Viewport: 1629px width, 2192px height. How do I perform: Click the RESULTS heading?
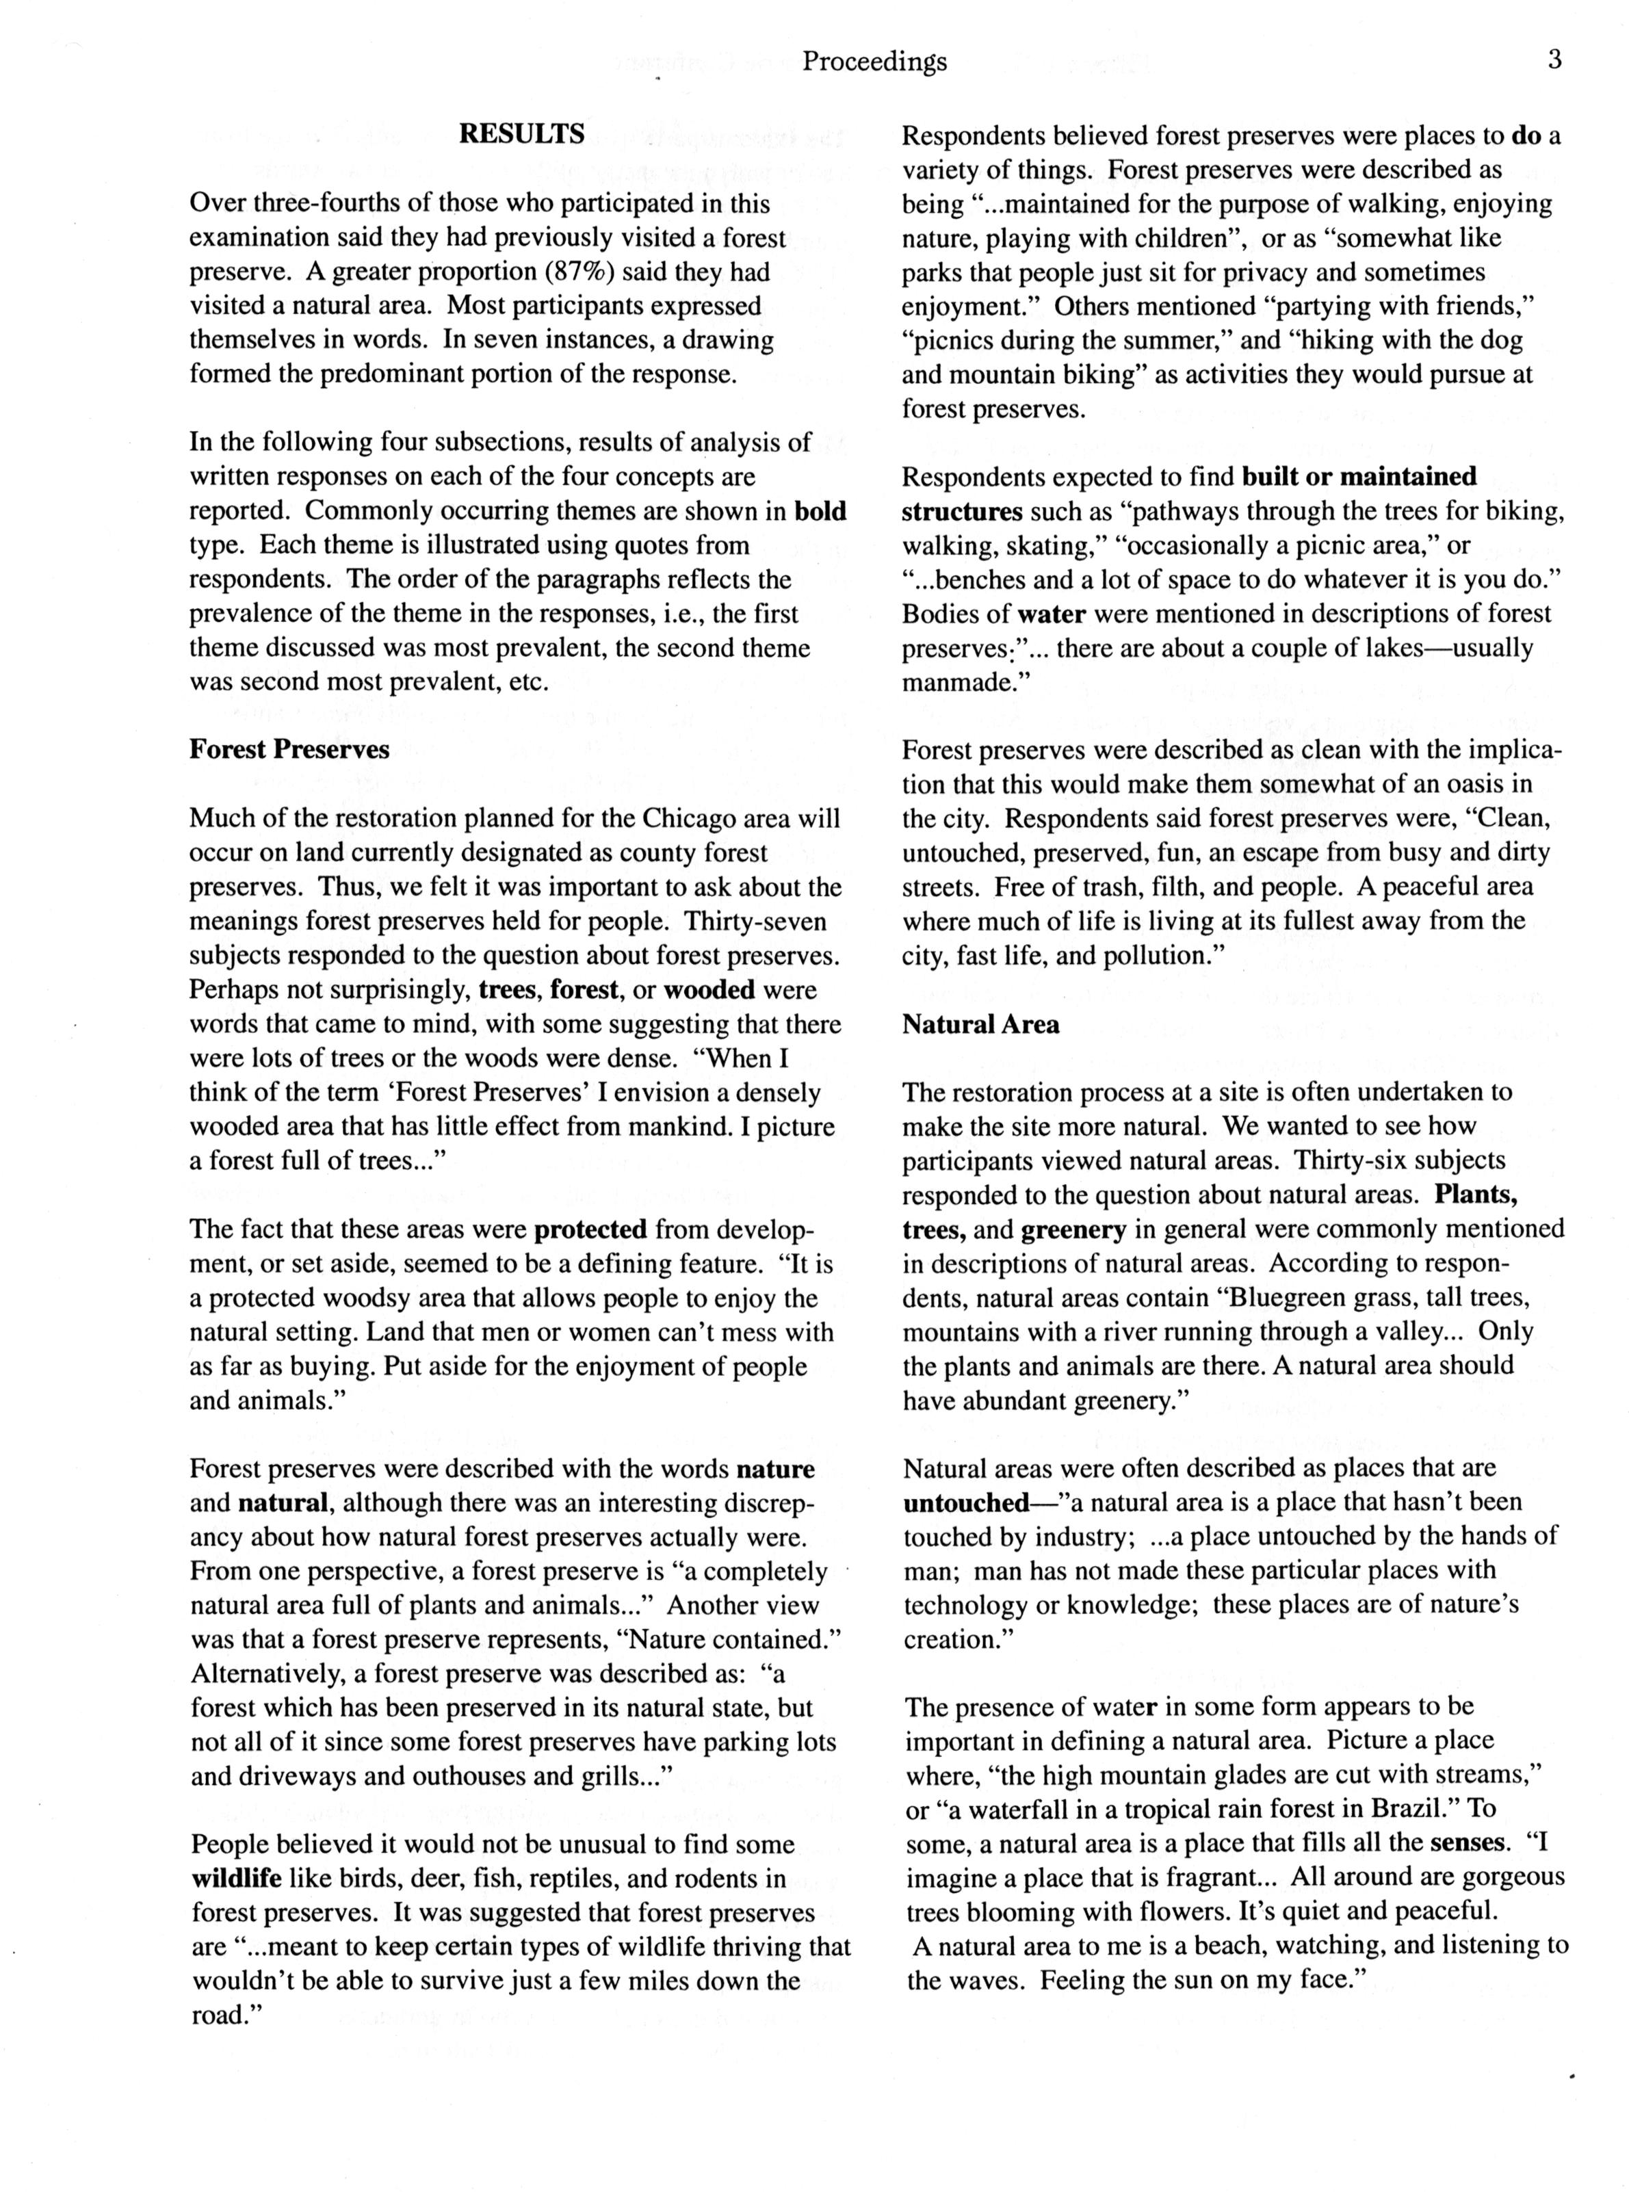tap(521, 133)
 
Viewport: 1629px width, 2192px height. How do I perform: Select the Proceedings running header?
tap(874, 62)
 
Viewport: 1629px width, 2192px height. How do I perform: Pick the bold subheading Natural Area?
tap(980, 1025)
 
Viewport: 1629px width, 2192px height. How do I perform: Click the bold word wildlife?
tap(237, 1879)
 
